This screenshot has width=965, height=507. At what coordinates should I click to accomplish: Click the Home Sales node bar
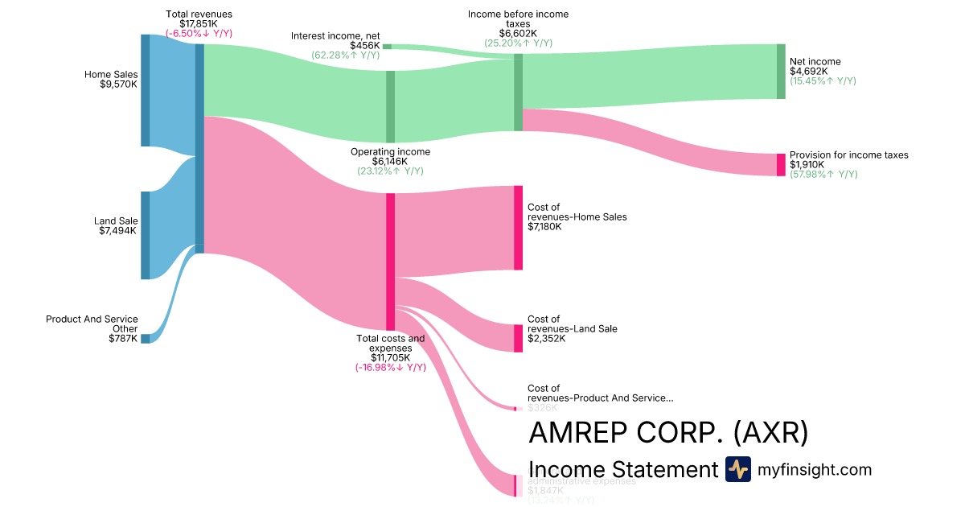pyautogui.click(x=146, y=90)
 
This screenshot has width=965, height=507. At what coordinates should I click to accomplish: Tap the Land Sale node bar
pyautogui.click(x=146, y=235)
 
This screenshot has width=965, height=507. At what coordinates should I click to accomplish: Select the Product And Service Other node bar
pyautogui.click(x=146, y=339)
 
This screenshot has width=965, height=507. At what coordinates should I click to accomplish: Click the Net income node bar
pyautogui.click(x=781, y=72)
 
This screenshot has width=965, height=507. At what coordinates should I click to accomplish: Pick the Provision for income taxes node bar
pyautogui.click(x=781, y=165)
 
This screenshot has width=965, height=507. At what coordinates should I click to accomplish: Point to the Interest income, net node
pyautogui.click(x=387, y=47)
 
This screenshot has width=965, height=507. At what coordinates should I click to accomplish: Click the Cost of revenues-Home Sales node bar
pyautogui.click(x=518, y=228)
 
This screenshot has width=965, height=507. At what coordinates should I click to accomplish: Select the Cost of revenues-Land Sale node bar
pyautogui.click(x=518, y=338)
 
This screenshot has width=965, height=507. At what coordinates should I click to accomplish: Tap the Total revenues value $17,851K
pyautogui.click(x=199, y=24)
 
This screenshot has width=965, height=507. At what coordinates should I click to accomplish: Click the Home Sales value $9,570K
pyautogui.click(x=118, y=84)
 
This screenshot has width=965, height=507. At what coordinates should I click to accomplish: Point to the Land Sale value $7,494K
pyautogui.click(x=118, y=230)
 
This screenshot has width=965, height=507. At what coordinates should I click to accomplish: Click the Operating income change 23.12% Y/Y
pyautogui.click(x=390, y=171)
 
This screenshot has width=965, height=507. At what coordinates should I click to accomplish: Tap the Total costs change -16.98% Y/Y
pyautogui.click(x=390, y=368)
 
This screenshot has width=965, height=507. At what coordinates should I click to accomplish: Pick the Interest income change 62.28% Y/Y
pyautogui.click(x=346, y=55)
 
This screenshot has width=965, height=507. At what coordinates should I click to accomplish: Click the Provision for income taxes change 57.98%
pyautogui.click(x=823, y=175)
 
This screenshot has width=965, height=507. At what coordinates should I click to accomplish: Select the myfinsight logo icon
pyautogui.click(x=738, y=469)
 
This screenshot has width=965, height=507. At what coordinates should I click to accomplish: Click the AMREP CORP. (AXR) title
pyautogui.click(x=668, y=433)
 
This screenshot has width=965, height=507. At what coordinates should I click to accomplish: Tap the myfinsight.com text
pyautogui.click(x=815, y=469)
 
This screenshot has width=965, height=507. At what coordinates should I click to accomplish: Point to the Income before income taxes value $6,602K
pyautogui.click(x=518, y=33)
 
